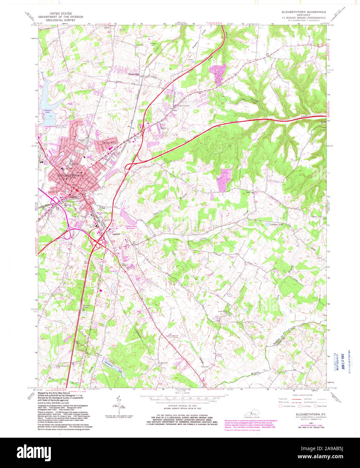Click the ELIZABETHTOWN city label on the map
coord(70,176)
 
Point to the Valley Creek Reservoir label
coord(131,228)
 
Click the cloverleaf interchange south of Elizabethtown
coord(97,241)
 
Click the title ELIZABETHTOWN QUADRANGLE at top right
coord(303,12)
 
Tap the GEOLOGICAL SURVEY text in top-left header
coord(57,20)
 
